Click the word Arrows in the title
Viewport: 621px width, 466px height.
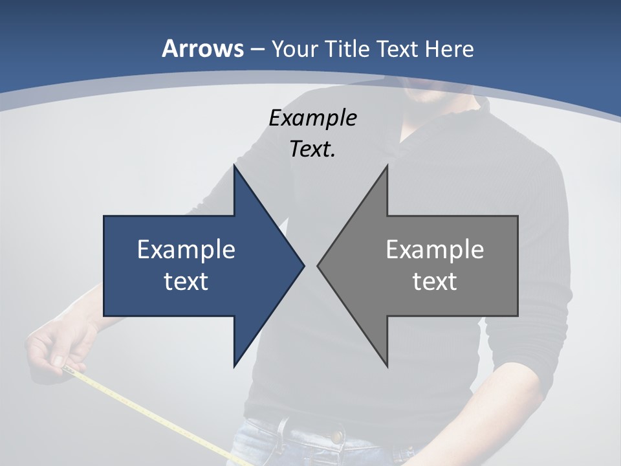[203, 49]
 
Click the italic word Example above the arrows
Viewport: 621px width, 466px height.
[312, 118]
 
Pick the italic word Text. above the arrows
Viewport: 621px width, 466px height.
[312, 150]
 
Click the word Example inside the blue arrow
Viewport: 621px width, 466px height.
[186, 250]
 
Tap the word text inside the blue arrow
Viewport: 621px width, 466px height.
[186, 282]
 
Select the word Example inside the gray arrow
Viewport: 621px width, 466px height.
[435, 250]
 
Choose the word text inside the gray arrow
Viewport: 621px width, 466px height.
[435, 282]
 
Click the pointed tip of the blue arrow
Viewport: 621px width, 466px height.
[303, 265]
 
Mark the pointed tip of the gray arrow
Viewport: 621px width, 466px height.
[319, 265]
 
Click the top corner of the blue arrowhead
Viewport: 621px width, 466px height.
[235, 167]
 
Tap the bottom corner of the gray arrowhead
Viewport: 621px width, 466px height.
[387, 365]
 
